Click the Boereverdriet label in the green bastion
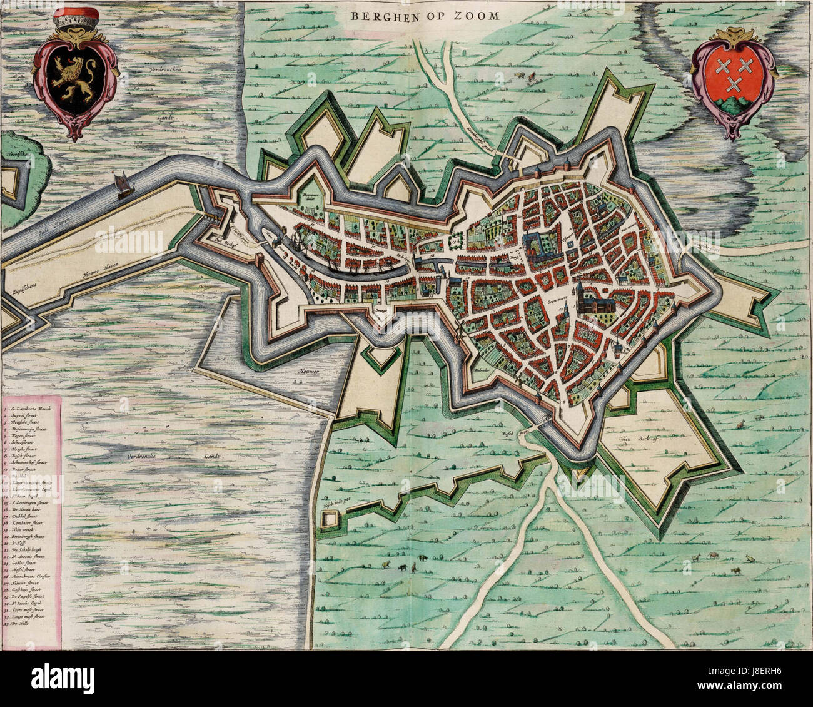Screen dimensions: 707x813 (x=311, y=195)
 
